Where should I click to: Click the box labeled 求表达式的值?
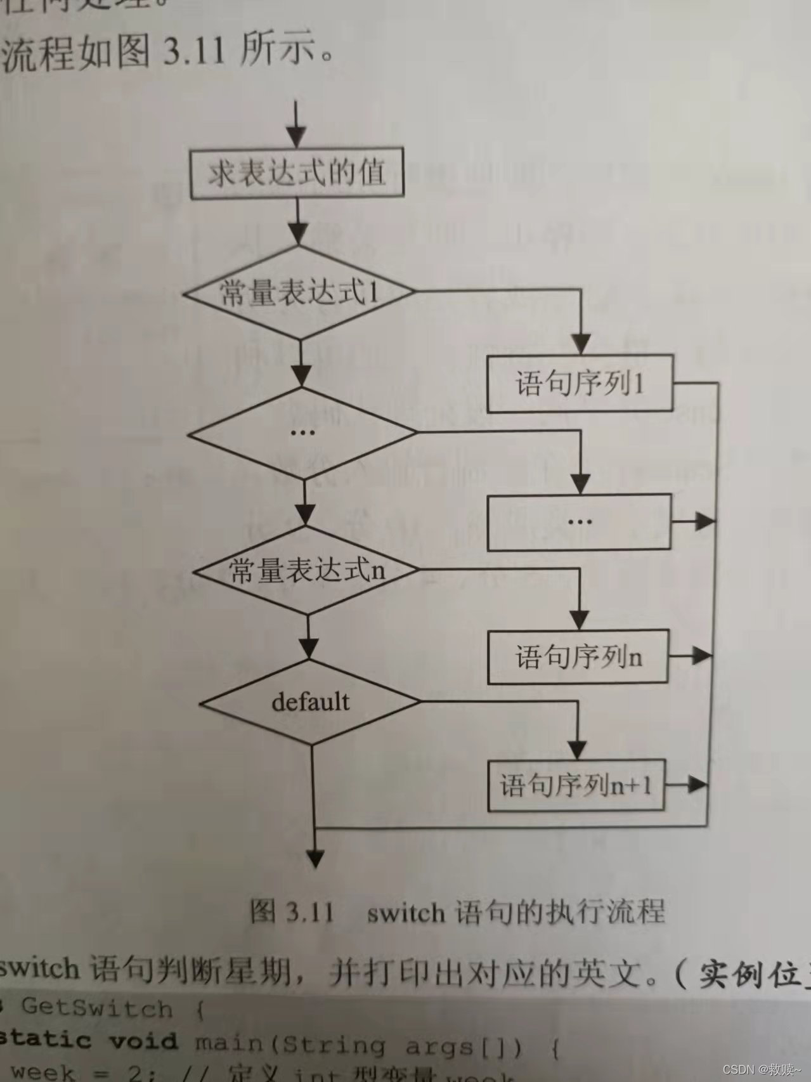click(x=297, y=173)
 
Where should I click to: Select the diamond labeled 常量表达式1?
click(x=298, y=292)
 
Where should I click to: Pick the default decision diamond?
click(x=310, y=702)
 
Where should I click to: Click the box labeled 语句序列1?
click(x=579, y=384)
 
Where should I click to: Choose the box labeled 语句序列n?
click(x=578, y=656)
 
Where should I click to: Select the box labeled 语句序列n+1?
click(x=576, y=785)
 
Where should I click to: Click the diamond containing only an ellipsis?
click(x=302, y=433)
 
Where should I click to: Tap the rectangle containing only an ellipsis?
click(x=579, y=522)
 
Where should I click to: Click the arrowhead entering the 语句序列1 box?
click(x=580, y=346)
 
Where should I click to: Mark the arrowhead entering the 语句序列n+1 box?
click(x=578, y=750)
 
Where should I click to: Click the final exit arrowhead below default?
click(x=315, y=859)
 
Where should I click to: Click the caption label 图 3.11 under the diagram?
click(x=292, y=912)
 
